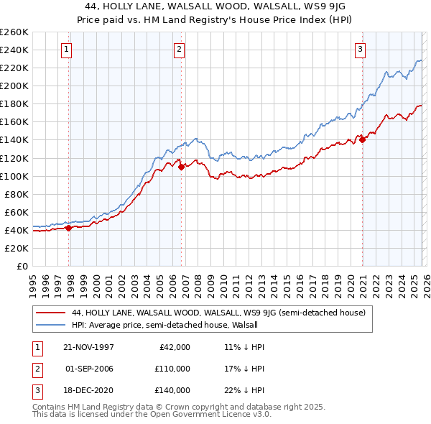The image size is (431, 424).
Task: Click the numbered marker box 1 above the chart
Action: tap(66, 50)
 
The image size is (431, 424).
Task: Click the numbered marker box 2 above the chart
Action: tap(178, 50)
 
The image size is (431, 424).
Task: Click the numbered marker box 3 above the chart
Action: tap(360, 50)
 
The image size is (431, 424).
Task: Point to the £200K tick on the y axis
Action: tap(14, 86)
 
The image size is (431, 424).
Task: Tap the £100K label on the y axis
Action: tap(14, 176)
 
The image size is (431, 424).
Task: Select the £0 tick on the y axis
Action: tap(22, 266)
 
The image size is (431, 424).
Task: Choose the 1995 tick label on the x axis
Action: tap(33, 281)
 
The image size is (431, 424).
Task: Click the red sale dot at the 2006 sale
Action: tap(181, 167)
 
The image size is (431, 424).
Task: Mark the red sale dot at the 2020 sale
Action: tap(362, 139)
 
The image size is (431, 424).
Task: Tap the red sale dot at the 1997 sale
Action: tap(69, 228)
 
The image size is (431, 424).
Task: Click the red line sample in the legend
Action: tap(50, 313)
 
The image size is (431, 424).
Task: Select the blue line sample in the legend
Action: tap(50, 325)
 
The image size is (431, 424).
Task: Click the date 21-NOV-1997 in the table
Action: tap(88, 346)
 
